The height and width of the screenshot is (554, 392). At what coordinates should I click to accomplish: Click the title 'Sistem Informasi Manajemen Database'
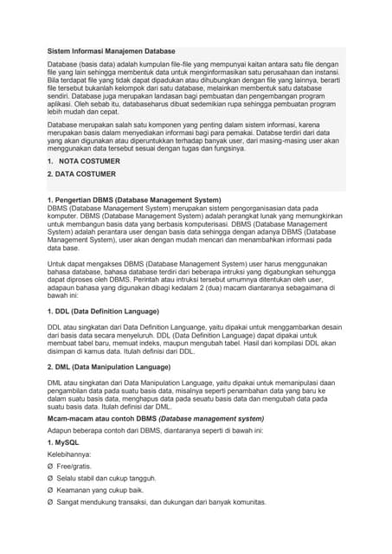tap(111, 52)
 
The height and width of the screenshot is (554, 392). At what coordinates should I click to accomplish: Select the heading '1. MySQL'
tap(65, 442)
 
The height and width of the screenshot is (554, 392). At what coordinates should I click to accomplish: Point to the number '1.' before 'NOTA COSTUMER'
tap(50, 161)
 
